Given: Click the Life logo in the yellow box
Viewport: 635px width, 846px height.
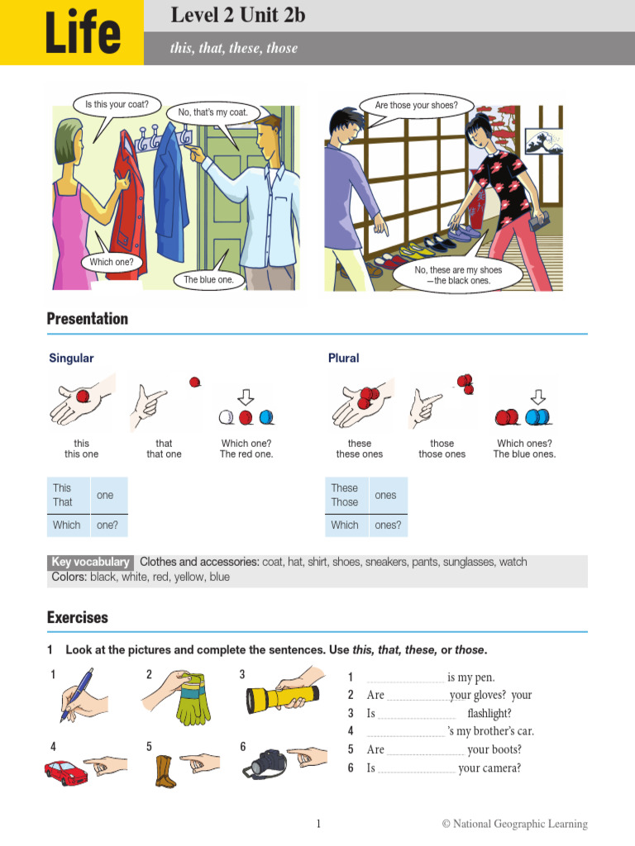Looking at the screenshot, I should click(82, 34).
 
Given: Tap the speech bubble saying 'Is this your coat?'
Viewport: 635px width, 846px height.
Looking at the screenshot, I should click(117, 106).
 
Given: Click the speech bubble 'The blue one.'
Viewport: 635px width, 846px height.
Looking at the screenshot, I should click(208, 280).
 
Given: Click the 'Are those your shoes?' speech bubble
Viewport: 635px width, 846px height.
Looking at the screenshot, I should click(416, 106).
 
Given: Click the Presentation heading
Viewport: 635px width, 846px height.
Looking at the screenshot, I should click(88, 319).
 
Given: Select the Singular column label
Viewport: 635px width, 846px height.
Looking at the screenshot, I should click(71, 358).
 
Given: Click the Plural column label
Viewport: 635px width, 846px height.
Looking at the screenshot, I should click(343, 358).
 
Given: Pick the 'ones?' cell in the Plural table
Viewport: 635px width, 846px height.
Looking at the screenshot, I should click(387, 525).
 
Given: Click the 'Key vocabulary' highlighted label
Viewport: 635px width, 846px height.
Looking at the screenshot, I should click(90, 562).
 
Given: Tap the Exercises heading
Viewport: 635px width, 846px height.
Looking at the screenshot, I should click(77, 617).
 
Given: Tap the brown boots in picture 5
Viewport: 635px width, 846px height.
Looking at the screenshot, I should click(165, 770).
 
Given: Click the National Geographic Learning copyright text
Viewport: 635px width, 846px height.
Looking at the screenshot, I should click(514, 824).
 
